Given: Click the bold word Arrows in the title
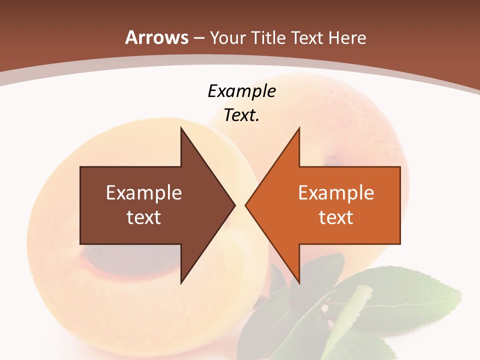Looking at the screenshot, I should point(156,37).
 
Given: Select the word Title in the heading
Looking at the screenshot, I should point(269,37).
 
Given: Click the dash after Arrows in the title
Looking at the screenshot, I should point(198,38).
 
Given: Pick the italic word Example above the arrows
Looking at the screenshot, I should point(242,91).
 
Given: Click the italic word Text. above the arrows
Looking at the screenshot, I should point(242,115).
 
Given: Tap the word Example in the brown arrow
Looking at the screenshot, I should point(144,192).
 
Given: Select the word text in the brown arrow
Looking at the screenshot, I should point(144,217).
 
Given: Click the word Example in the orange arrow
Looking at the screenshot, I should point(336,192).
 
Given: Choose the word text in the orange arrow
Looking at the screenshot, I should point(336,217).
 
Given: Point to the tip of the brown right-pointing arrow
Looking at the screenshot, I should point(235,205).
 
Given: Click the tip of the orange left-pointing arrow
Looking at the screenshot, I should point(245,205).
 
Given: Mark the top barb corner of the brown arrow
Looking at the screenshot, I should point(181,128).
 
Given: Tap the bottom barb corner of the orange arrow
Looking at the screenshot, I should point(299,282).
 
